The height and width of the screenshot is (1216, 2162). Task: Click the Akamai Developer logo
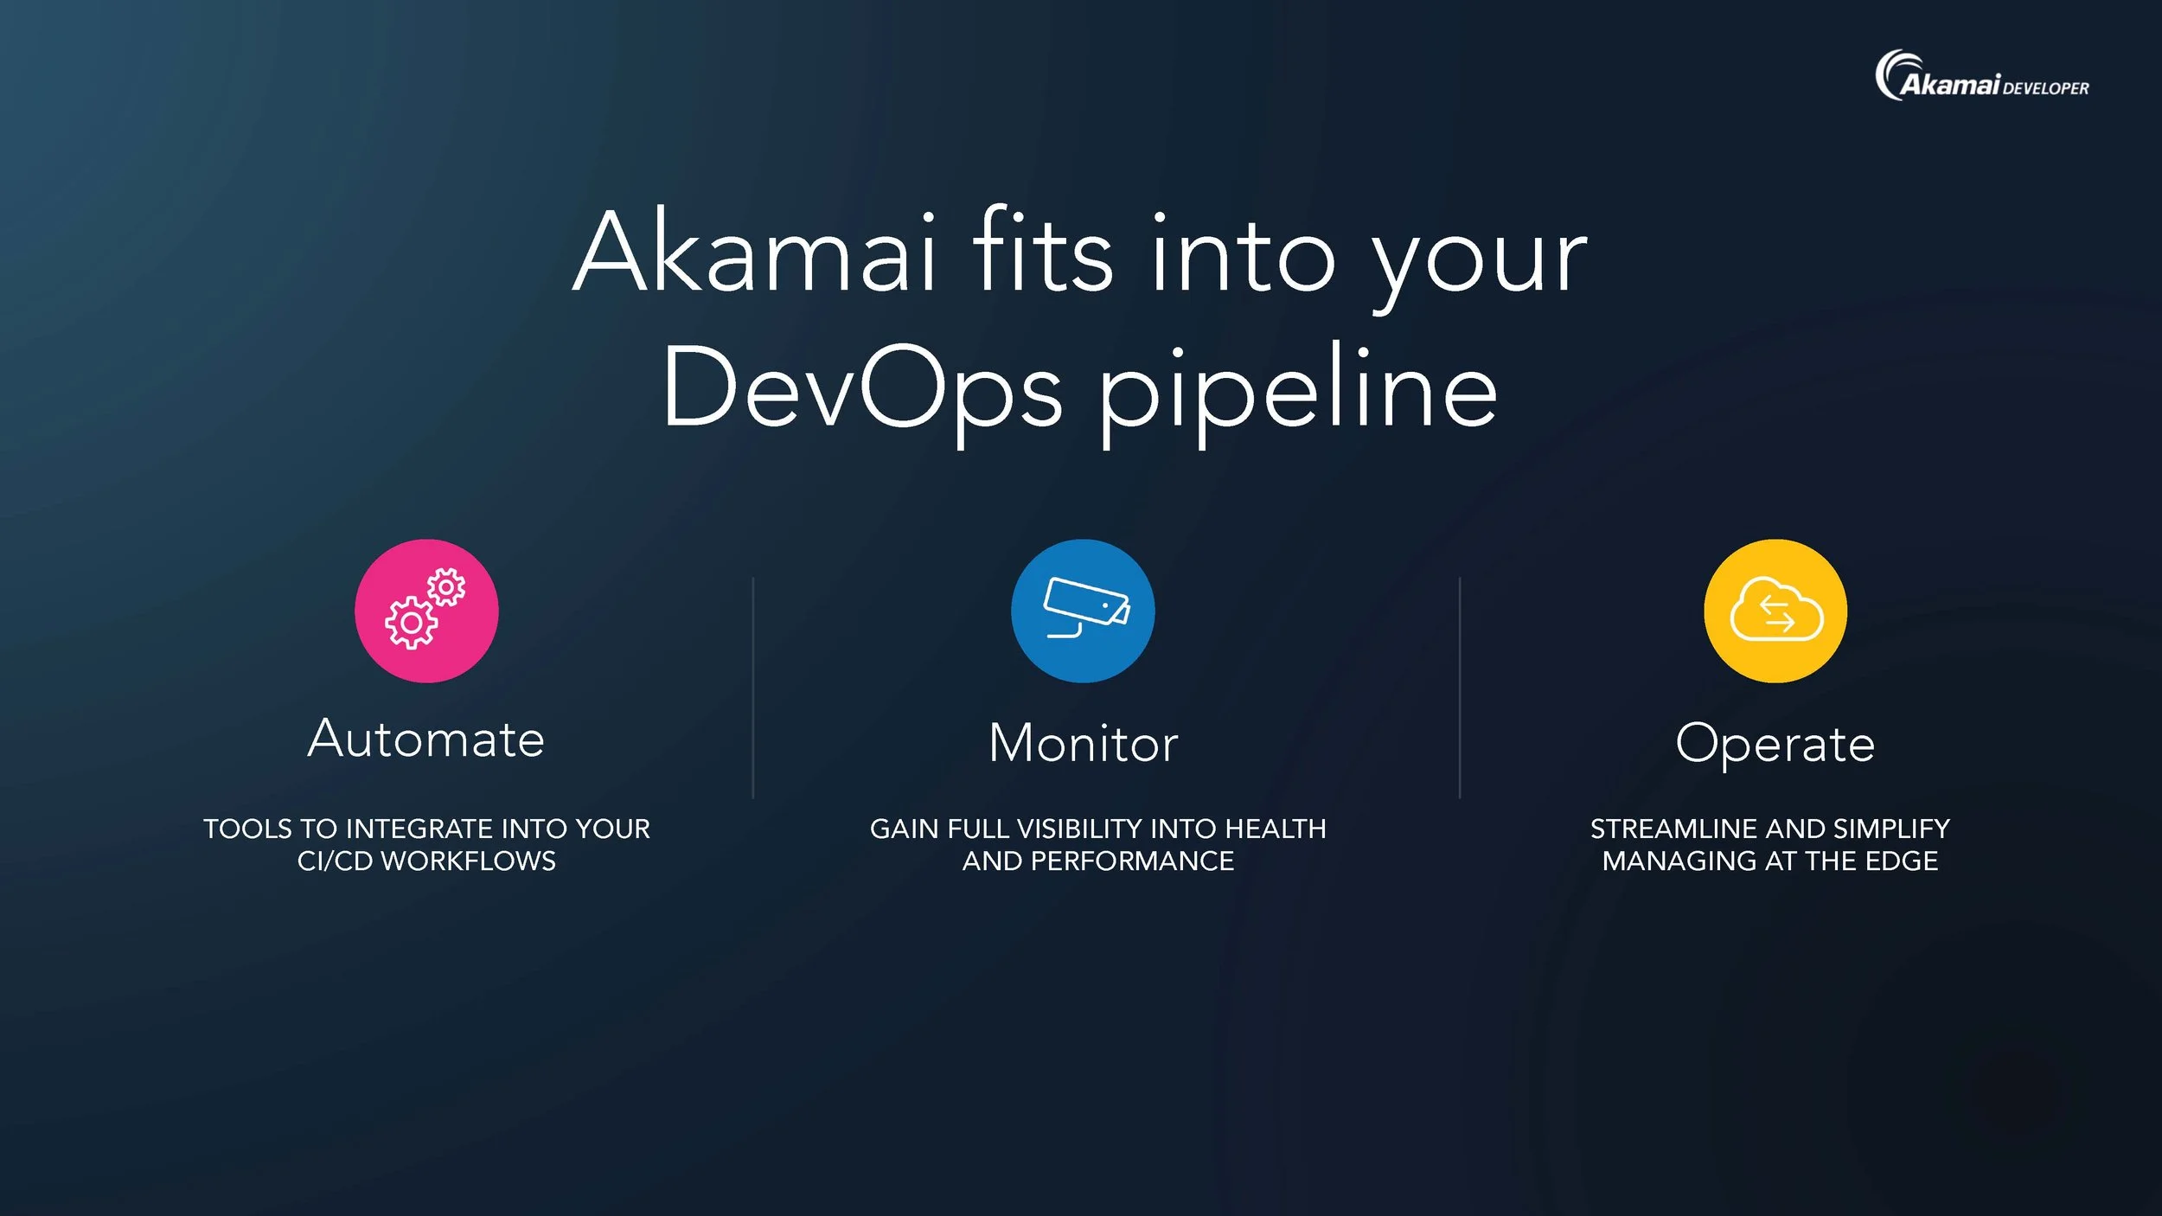click(1981, 78)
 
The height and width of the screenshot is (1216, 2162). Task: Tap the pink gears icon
click(426, 611)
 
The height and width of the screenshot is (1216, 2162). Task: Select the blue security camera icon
click(1083, 611)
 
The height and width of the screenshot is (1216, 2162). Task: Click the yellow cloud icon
click(1775, 611)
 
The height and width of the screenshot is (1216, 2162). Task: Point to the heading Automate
click(426, 739)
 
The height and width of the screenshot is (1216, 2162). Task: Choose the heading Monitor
click(1083, 744)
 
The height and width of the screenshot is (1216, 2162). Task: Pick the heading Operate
click(1775, 744)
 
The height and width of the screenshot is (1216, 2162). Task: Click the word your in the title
click(1480, 259)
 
